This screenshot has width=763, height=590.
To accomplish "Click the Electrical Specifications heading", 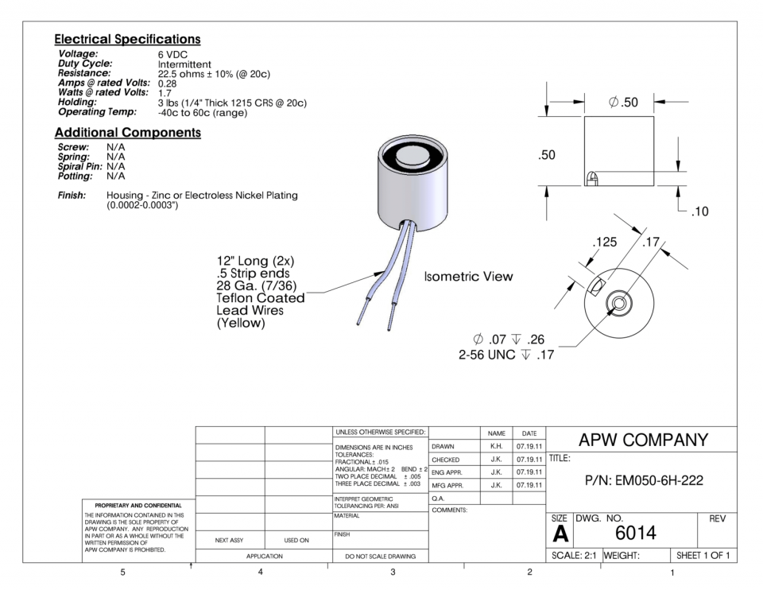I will (x=127, y=39).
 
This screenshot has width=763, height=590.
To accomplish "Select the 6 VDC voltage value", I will (x=172, y=54).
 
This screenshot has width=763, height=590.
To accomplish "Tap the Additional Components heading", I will (x=127, y=132).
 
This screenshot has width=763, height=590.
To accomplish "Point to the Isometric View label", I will (x=469, y=277).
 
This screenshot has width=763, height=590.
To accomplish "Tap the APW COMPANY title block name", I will (x=642, y=441).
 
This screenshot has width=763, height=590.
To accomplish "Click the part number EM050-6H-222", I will (x=642, y=481).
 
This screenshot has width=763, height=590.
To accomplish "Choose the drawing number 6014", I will (x=634, y=532).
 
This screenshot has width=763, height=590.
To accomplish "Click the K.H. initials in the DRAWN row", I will (x=497, y=447).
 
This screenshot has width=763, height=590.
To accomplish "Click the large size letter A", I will (x=560, y=533).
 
